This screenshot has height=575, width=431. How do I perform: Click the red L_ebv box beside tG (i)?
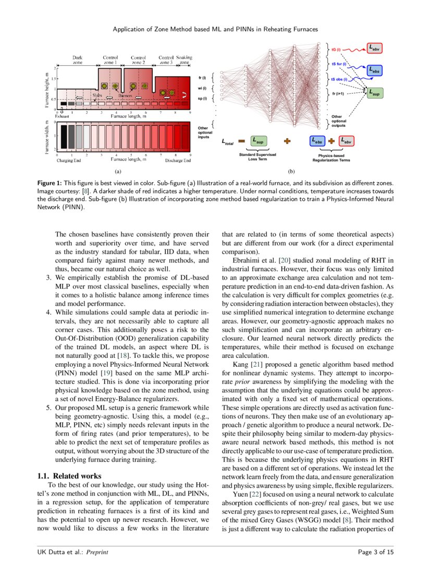coord(375,48)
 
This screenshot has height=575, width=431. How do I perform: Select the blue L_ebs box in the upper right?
coord(375,70)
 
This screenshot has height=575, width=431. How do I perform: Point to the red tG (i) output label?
coord(336,50)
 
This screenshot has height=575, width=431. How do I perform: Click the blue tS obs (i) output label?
coord(342,79)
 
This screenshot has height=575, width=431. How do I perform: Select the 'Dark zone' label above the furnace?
coord(78,59)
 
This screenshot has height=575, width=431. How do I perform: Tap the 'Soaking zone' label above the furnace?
coord(184,59)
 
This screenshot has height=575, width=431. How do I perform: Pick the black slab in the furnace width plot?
coord(63,137)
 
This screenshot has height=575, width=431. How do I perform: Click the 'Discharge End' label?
coord(178,161)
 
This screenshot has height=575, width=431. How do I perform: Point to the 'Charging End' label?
coord(69,161)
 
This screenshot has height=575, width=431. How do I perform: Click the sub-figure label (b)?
coord(291,171)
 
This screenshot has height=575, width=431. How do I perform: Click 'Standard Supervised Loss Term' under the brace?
coord(257,157)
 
